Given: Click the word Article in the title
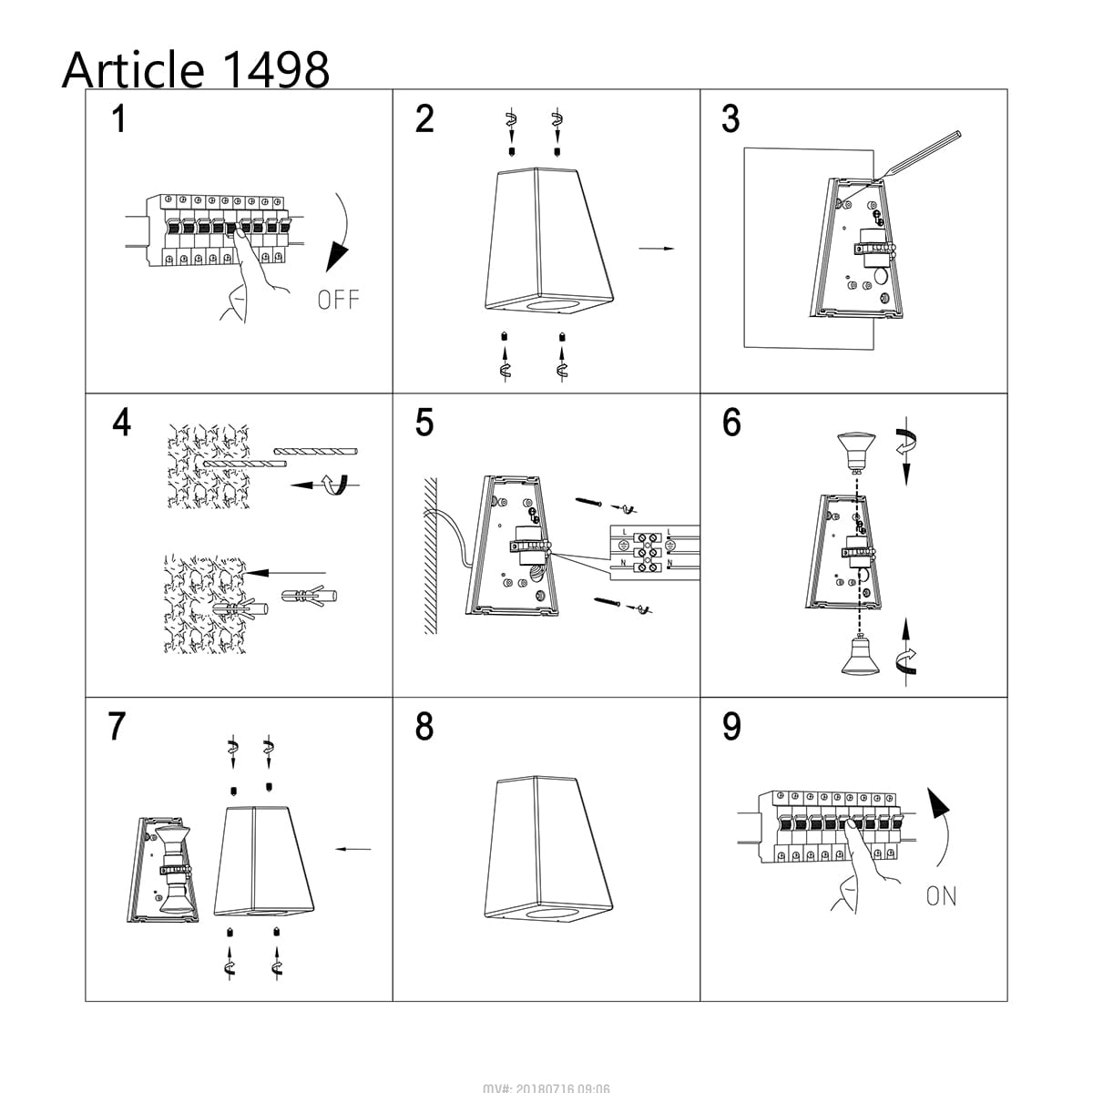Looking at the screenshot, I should (133, 69).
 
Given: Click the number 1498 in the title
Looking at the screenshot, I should (273, 69).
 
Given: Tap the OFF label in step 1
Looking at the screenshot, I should (338, 299).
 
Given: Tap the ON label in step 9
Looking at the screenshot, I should (941, 895).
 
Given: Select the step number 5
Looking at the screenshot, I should (424, 423).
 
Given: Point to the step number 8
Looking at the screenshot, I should (424, 727).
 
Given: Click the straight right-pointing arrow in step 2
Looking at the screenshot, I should (656, 248).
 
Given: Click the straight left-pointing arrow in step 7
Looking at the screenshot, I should (353, 849).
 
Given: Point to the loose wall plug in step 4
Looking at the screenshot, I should (310, 598).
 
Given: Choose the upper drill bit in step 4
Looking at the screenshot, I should (315, 451).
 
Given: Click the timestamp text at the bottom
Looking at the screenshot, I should (546, 1088).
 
